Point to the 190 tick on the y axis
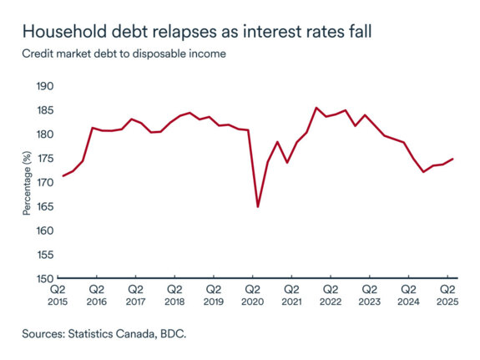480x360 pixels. pyautogui.click(x=44, y=86)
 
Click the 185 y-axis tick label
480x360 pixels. pyautogui.click(x=44, y=110)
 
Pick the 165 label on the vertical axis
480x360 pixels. pyautogui.click(x=44, y=206)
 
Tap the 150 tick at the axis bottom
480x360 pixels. pyautogui.click(x=44, y=279)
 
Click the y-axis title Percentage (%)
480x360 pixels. pyautogui.click(x=27, y=183)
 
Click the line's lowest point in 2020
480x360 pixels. pyautogui.click(x=258, y=206)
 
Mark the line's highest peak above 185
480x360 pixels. pyautogui.click(x=316, y=108)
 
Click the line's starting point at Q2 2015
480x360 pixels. pyautogui.click(x=63, y=175)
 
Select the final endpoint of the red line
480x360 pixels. pyautogui.click(x=453, y=159)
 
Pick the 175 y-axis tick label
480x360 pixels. pyautogui.click(x=44, y=159)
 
